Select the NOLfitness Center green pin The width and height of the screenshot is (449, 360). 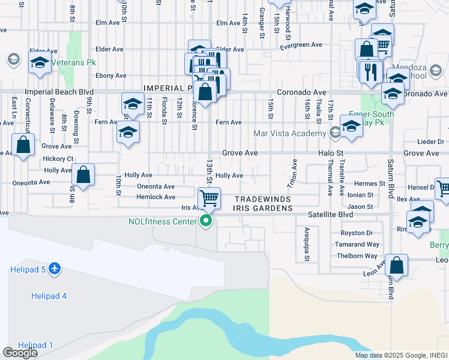[x=206, y=221]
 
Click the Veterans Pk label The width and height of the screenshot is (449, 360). [x=74, y=62]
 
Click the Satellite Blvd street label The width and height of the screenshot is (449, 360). [x=330, y=213]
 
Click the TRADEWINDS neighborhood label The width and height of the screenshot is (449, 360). [x=263, y=199]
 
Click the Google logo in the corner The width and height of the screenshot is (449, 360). [x=20, y=352]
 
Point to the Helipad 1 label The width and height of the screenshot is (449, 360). [x=35, y=345]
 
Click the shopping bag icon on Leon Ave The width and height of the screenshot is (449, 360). [x=396, y=265]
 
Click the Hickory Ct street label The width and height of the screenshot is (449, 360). [x=58, y=159]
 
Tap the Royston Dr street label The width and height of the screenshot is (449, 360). [x=357, y=233]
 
